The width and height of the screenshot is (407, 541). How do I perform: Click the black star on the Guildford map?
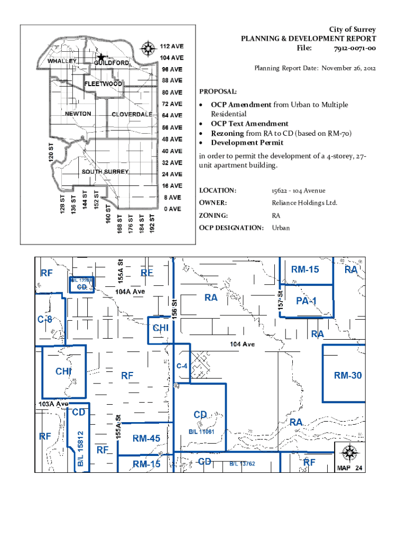click(x=101, y=57)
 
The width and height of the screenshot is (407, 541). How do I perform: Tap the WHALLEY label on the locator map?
click(x=62, y=61)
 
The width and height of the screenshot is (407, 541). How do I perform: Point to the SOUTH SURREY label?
click(x=105, y=172)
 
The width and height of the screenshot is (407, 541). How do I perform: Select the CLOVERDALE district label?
click(x=132, y=115)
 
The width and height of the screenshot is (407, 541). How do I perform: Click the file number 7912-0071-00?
click(x=355, y=49)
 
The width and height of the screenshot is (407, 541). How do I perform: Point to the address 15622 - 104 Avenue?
click(x=299, y=190)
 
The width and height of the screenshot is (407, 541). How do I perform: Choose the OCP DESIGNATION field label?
click(x=231, y=228)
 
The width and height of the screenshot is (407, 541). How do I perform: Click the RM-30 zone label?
click(x=347, y=376)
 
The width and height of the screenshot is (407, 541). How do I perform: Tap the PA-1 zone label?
click(x=306, y=301)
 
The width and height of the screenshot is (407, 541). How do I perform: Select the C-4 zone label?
click(x=182, y=365)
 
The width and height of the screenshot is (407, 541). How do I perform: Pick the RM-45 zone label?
click(x=146, y=438)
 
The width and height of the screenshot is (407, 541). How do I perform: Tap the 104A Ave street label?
click(x=129, y=291)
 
